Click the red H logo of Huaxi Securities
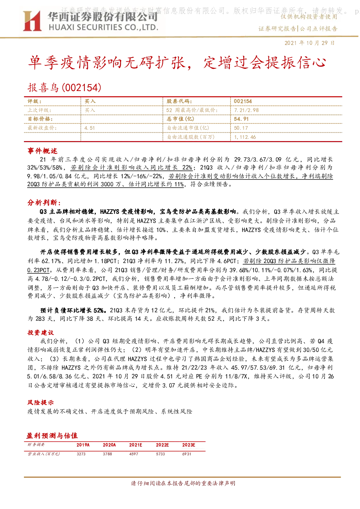[32, 21]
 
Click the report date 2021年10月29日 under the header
[310, 43]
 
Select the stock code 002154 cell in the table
[243, 102]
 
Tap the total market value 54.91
[241, 119]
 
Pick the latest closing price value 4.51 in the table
[90, 128]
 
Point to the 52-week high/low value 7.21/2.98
[247, 110]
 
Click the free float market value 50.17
[241, 128]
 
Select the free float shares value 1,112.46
[245, 137]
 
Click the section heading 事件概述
[42, 151]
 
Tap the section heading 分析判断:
[44, 202]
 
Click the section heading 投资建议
[41, 333]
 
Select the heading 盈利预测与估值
[52, 436]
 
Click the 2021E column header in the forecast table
[136, 445]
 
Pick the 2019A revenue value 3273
[81, 454]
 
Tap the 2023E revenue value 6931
[187, 454]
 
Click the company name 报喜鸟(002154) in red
[65, 87]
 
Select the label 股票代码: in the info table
[179, 102]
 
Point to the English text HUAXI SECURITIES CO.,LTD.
[103, 28]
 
